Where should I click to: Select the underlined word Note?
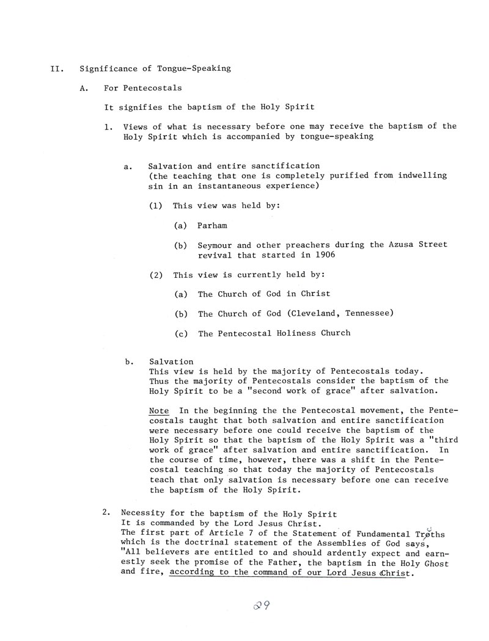pos(159,411)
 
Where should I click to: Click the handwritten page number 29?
pos(262,606)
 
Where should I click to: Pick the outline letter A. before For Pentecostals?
pos(84,88)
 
